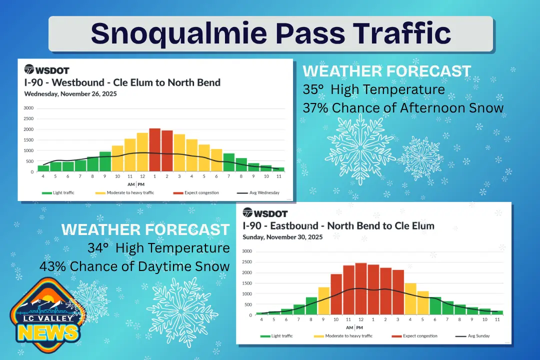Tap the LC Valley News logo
(46, 314)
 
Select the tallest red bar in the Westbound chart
(154, 150)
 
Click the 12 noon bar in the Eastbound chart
(361, 289)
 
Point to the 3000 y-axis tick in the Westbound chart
(28, 108)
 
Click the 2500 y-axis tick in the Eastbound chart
(246, 262)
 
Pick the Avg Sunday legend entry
(472, 336)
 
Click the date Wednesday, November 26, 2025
(70, 93)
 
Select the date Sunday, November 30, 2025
(282, 237)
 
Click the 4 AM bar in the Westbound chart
(43, 168)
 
